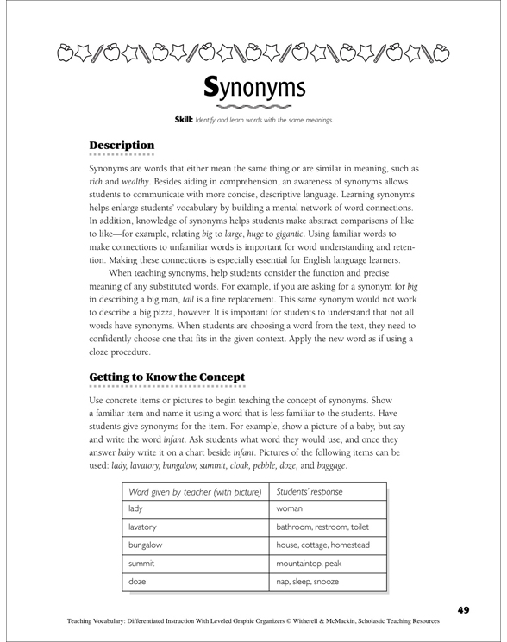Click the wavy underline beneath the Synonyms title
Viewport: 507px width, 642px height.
(x=253, y=107)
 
